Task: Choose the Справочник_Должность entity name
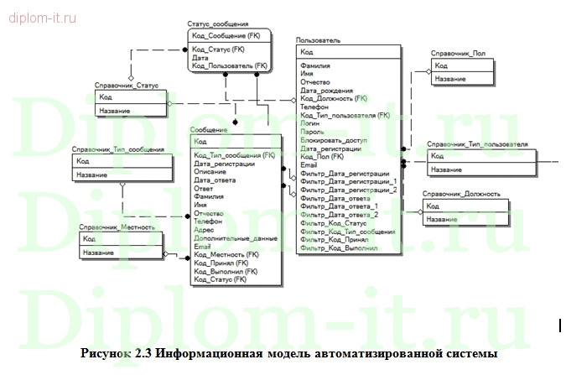pyautogui.click(x=463, y=194)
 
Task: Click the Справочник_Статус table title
pyautogui.click(x=127, y=86)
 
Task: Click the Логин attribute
pyautogui.click(x=309, y=123)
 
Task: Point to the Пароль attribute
pyautogui.click(x=312, y=132)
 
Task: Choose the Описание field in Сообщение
pyautogui.click(x=210, y=172)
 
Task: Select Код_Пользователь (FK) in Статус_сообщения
pyautogui.click(x=229, y=65)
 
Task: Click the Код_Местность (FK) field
pyautogui.click(x=226, y=254)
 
